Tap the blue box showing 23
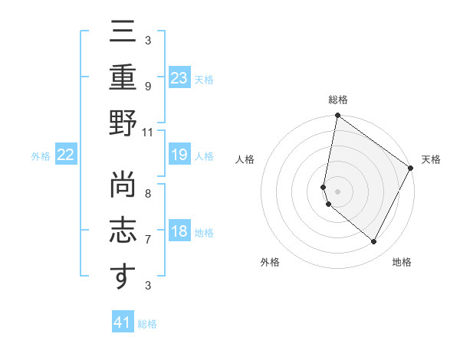pos(179,78)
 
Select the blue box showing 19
pos(179,155)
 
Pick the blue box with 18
pos(179,231)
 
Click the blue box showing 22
pos(66,155)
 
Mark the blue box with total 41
pos(123,322)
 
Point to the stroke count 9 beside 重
pos(148,86)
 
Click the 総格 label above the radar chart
pos(337,100)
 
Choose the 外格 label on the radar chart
pos(270,262)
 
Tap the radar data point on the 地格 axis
pos(374,242)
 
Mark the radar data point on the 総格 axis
pos(337,116)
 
